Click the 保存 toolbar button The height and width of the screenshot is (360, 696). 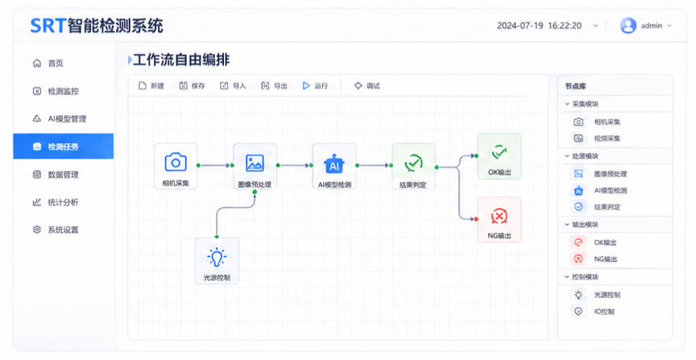pyautogui.click(x=193, y=85)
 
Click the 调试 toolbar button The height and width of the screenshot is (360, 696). pyautogui.click(x=367, y=85)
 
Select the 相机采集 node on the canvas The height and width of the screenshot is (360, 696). pyautogui.click(x=176, y=166)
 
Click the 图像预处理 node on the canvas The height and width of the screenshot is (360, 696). pyautogui.click(x=255, y=166)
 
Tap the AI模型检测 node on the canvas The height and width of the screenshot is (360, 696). pyautogui.click(x=334, y=166)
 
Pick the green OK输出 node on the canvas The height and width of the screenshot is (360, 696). pyautogui.click(x=499, y=156)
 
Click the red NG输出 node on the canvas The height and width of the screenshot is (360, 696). pyautogui.click(x=499, y=220)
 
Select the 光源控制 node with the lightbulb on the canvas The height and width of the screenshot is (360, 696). pyautogui.click(x=217, y=261)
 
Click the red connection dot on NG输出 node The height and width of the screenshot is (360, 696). pyautogui.click(x=476, y=219)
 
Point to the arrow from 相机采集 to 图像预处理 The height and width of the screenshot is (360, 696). pyautogui.click(x=216, y=166)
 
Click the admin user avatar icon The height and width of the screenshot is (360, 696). pyautogui.click(x=628, y=26)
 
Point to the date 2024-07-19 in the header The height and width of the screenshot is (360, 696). pyautogui.click(x=520, y=26)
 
